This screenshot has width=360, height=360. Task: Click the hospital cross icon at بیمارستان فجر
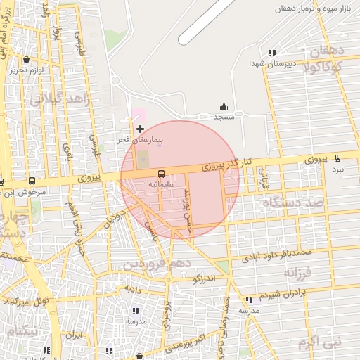coord(140,129)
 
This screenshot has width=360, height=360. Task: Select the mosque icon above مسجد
coord(224,107)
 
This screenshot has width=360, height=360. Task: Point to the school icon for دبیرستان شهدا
coord(272,53)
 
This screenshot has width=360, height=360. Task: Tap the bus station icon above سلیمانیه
coord(161,173)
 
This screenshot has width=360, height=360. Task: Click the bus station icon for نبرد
coord(337,158)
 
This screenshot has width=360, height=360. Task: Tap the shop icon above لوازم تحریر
coord(27,60)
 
